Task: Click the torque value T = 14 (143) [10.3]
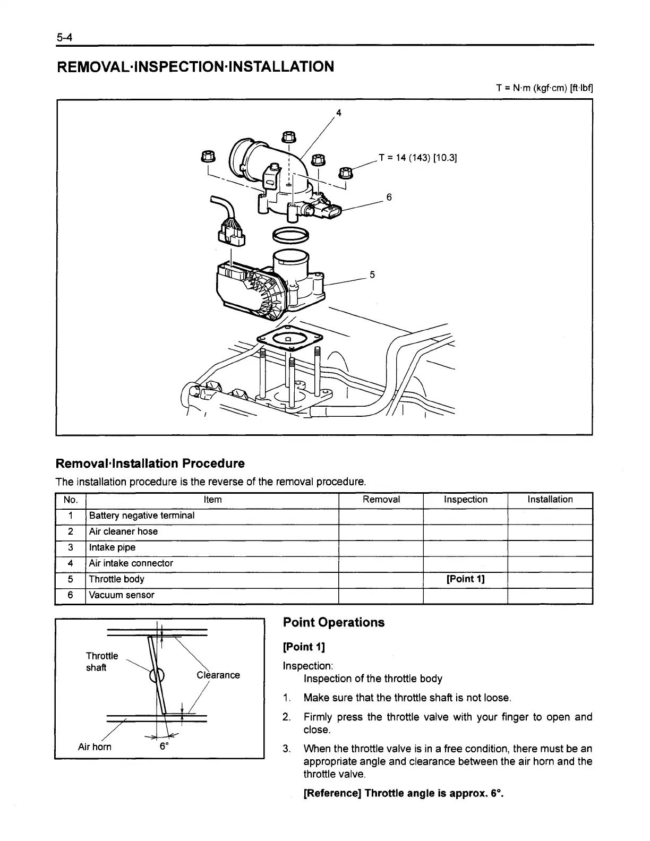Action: (418, 158)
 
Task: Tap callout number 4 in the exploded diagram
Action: (339, 113)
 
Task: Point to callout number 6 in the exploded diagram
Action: (389, 198)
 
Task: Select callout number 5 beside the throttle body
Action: (372, 274)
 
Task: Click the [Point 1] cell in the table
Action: (465, 579)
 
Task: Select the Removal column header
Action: (381, 500)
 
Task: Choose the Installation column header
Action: (550, 500)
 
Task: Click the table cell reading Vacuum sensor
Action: (122, 595)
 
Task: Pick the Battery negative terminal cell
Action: (142, 516)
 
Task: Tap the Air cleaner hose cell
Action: (123, 531)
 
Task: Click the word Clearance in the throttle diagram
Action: (218, 675)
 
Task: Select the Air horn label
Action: (95, 747)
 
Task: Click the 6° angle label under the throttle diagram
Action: (165, 746)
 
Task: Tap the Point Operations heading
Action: (333, 622)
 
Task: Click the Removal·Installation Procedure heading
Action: (150, 464)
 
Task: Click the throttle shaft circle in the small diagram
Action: (158, 676)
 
